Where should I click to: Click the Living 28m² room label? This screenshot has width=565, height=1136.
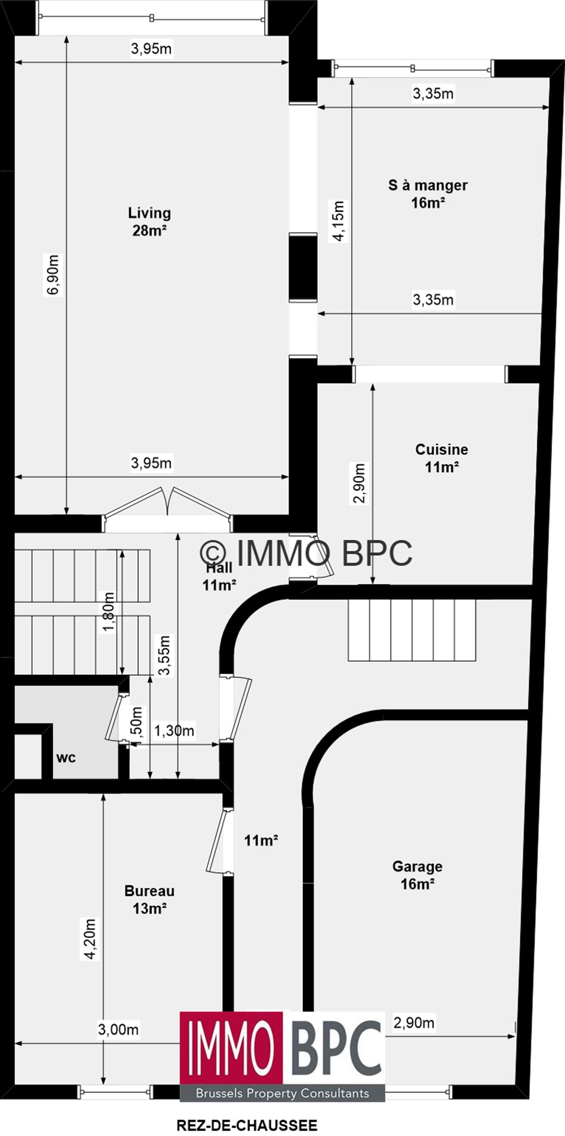tap(149, 222)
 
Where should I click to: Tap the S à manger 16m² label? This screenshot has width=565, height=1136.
tap(428, 194)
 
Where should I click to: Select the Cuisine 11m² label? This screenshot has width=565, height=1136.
tap(441, 458)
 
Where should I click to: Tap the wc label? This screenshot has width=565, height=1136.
tap(66, 758)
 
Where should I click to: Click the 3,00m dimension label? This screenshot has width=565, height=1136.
tap(118, 1030)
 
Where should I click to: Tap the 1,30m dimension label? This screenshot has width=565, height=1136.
tap(174, 731)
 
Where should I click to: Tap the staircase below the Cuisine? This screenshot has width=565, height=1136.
tap(412, 630)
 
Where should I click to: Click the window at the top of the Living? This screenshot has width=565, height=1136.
tap(152, 18)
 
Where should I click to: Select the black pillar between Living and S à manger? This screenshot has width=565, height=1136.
tap(303, 267)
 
